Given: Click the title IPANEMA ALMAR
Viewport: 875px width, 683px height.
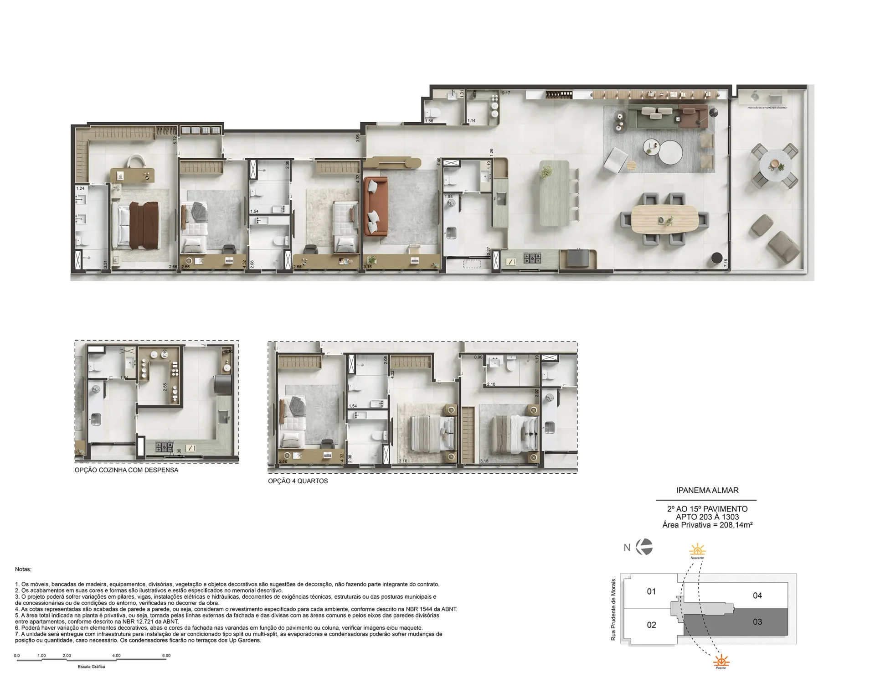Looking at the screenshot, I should (707, 490).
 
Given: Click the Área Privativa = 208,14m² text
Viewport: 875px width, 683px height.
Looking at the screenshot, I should (707, 525).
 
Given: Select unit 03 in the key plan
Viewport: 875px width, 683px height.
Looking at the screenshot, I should (757, 622).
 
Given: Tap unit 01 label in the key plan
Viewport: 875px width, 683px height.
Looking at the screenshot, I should (651, 591).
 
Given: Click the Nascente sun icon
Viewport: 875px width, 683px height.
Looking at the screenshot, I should (697, 549).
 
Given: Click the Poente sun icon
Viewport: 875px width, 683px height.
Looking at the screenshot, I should (721, 660).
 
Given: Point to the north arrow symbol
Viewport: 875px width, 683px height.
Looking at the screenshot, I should (644, 547).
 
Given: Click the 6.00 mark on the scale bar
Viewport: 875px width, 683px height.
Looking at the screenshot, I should (166, 656).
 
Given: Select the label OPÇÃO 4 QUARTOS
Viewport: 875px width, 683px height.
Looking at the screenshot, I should (298, 481).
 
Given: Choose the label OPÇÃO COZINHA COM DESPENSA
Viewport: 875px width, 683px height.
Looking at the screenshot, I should (126, 470).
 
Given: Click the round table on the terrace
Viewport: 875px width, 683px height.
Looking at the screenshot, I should (775, 162).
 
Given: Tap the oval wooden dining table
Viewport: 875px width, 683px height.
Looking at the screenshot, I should (664, 220).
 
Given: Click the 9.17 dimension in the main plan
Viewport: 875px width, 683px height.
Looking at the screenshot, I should (506, 93).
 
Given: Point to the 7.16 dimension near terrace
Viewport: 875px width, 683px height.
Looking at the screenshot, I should (726, 264).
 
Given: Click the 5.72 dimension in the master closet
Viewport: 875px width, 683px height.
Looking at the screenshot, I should (175, 140).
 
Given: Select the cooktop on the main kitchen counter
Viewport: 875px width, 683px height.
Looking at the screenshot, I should (532, 259).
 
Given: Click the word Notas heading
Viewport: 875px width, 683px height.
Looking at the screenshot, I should (23, 569).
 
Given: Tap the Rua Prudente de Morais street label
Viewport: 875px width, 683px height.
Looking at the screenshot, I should (613, 610).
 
